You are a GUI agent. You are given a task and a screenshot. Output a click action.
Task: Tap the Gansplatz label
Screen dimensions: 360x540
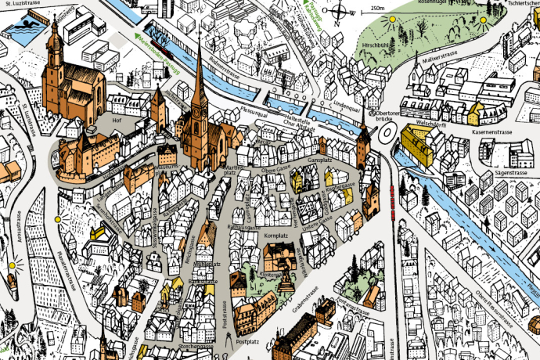(321, 159)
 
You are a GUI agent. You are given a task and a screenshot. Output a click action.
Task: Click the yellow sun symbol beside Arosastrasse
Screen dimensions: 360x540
(12, 266)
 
